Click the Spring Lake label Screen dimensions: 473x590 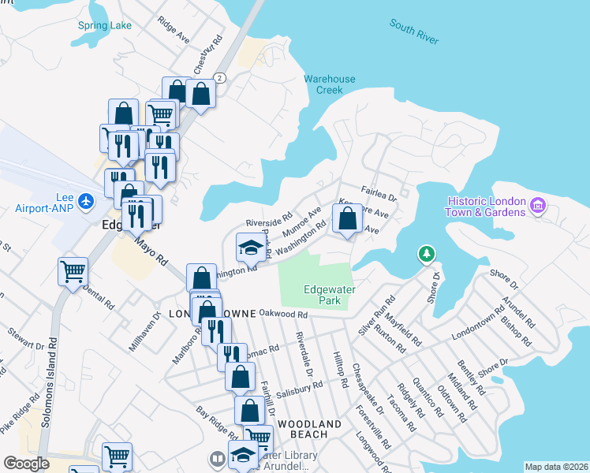tap(105, 25)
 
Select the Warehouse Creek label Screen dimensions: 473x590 tap(330, 84)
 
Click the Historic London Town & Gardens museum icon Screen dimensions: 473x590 tap(539, 207)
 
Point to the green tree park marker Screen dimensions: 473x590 tap(427, 254)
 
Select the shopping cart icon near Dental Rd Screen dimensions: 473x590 tap(73, 272)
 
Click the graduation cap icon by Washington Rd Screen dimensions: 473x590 tap(250, 248)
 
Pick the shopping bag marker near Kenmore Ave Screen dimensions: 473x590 tap(347, 218)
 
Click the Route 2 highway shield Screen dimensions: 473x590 tap(219, 77)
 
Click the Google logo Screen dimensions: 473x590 tap(26, 464)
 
